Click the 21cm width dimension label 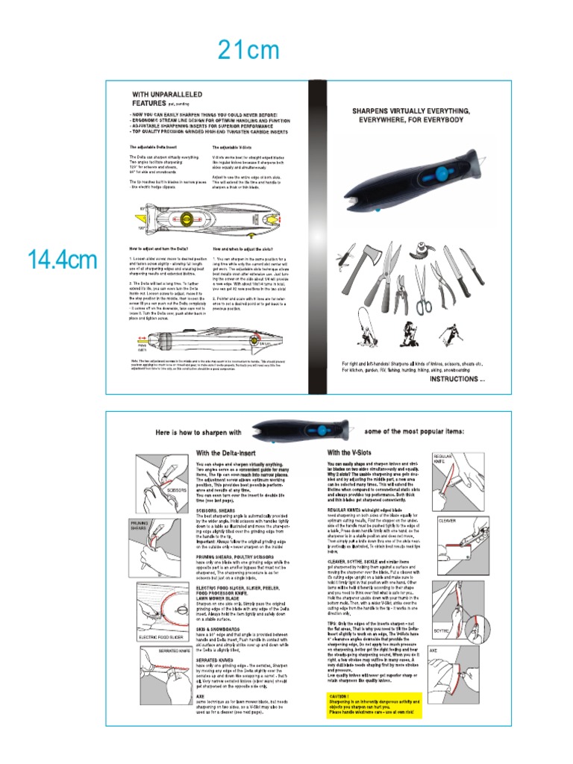coord(248,51)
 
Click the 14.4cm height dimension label coord(62,260)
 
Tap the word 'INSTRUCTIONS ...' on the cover coord(457,379)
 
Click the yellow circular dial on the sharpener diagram coord(185,218)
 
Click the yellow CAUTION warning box coord(375,704)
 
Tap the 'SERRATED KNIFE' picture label coord(155,651)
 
